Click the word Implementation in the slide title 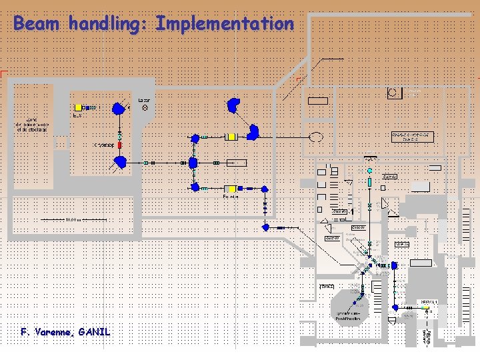(x=224, y=24)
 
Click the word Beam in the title (x=37, y=24)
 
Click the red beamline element (x=120, y=145)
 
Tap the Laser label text (x=144, y=101)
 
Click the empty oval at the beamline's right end (x=316, y=137)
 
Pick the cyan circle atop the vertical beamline (x=369, y=171)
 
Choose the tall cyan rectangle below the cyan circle (x=369, y=181)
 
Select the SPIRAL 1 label (x=429, y=302)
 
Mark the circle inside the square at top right (x=395, y=92)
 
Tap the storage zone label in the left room (x=32, y=125)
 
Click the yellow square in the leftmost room (x=78, y=107)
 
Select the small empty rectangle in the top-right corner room (x=318, y=101)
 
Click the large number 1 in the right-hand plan (x=351, y=213)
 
